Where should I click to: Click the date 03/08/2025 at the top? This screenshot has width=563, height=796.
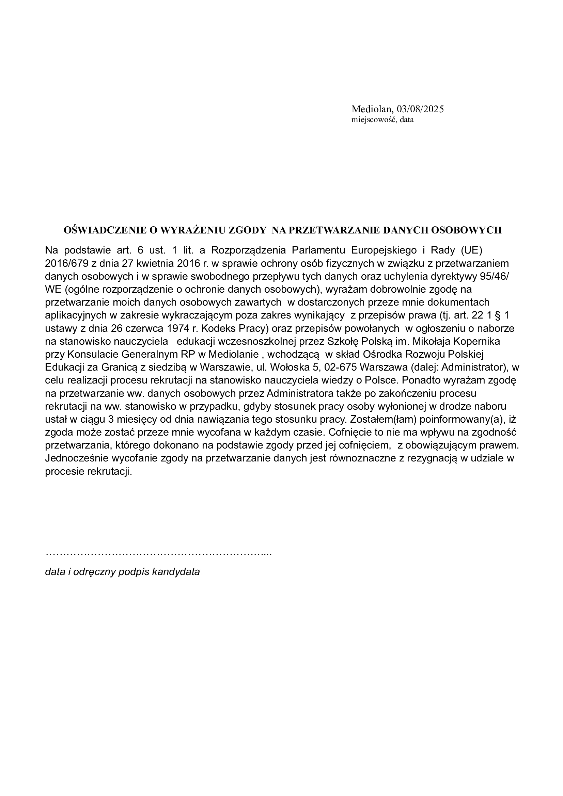pos(420,109)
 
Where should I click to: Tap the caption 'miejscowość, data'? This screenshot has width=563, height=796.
pos(382,120)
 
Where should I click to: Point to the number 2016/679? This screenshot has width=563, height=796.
pos(67,263)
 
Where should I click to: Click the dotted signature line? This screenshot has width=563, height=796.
pos(158,553)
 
